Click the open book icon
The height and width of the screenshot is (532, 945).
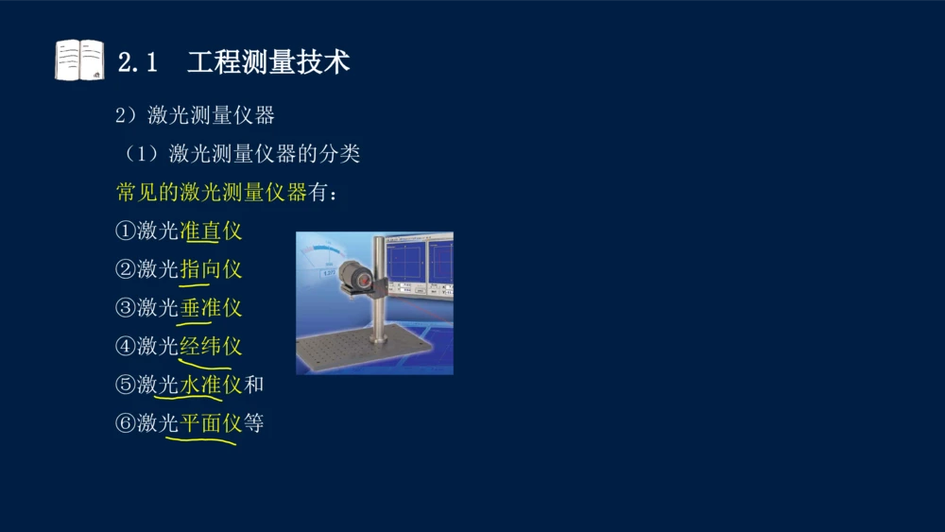(x=79, y=60)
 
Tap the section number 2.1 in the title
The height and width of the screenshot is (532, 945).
(x=137, y=63)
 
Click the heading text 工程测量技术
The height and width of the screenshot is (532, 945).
(x=268, y=62)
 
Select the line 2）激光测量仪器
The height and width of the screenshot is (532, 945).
(x=195, y=115)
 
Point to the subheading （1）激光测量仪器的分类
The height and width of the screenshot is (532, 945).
(x=237, y=153)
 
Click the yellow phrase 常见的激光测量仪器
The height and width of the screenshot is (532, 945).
(x=212, y=193)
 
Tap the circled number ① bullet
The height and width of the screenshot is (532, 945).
(x=125, y=232)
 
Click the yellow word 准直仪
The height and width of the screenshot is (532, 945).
(x=211, y=232)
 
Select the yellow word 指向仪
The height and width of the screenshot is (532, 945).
(x=211, y=269)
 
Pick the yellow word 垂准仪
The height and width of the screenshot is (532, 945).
(x=211, y=308)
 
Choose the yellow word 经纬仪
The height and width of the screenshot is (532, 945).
(x=211, y=347)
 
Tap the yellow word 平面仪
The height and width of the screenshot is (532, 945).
(x=211, y=423)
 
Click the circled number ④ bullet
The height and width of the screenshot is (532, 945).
(x=125, y=347)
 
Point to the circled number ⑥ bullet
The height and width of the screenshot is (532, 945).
(x=125, y=423)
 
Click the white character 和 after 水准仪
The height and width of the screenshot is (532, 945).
(x=254, y=385)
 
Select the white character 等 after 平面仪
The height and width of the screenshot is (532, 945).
(x=254, y=423)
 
